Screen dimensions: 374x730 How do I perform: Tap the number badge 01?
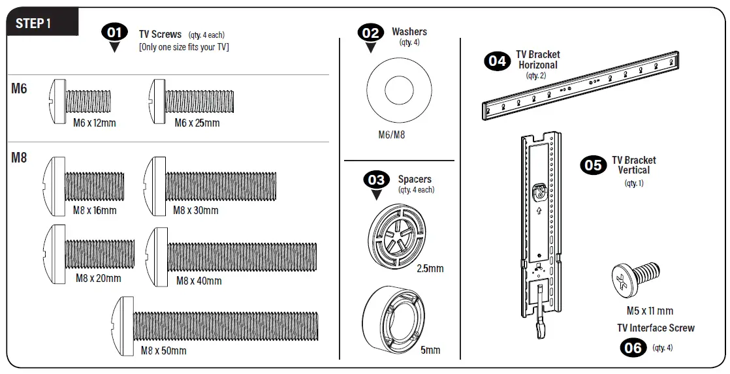(115, 32)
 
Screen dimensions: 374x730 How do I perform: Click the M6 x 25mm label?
(197, 123)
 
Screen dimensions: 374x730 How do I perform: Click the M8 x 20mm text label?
(98, 279)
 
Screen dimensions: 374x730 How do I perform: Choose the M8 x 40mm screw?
(231, 254)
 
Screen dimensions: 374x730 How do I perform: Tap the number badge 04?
(497, 61)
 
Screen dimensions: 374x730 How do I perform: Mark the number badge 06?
(633, 347)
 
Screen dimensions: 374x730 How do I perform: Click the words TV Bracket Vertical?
(633, 165)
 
